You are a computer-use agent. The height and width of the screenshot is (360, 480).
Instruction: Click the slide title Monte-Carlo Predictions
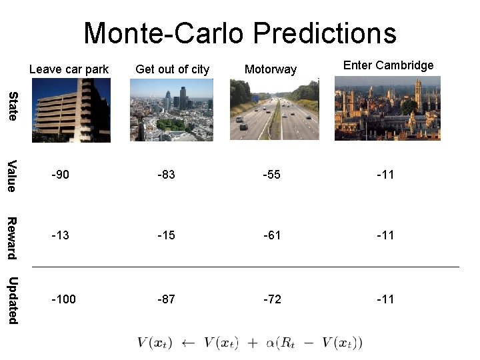pos(240,33)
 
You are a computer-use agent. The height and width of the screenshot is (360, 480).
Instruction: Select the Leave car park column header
pos(69,69)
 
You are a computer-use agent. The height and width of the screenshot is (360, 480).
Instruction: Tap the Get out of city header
pos(172,69)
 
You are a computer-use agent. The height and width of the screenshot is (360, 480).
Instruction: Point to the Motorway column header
pos(271,69)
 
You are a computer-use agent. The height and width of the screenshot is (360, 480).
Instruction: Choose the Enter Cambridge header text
pos(388,65)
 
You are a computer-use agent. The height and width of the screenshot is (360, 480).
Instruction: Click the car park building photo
pos(71,109)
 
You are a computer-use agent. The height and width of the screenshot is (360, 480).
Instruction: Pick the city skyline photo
pos(171,109)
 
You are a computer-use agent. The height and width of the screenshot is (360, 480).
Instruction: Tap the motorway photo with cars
pos(274,109)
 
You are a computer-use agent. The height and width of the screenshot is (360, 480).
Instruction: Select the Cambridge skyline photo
pos(387,108)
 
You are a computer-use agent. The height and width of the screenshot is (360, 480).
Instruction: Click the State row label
pos(12,107)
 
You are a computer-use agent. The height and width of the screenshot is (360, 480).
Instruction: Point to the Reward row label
pos(12,238)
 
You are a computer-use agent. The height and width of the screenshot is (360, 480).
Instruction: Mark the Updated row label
pos(12,300)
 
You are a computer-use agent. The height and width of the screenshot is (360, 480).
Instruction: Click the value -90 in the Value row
pos(61,175)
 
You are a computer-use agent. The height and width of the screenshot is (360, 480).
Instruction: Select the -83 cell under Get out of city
pos(166,175)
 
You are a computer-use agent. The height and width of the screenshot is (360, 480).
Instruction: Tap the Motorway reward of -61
pos(272,235)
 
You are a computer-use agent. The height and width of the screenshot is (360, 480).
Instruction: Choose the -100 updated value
pos(64,299)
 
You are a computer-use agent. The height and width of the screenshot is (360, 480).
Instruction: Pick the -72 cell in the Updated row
pos(272,299)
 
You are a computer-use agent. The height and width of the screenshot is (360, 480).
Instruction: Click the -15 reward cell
pos(166,235)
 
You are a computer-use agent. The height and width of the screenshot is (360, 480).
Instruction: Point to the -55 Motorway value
pos(272,175)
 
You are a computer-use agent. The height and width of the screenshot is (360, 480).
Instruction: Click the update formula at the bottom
pos(250,343)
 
